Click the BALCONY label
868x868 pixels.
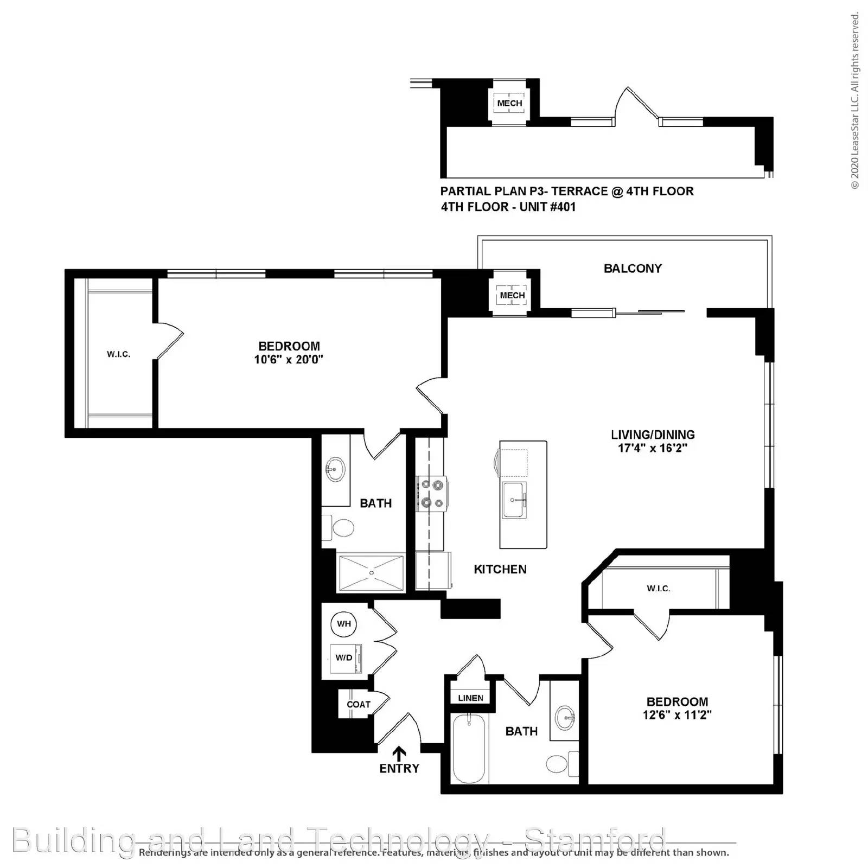coord(633,269)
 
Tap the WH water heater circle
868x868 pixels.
coord(344,624)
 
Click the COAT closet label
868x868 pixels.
coord(358,705)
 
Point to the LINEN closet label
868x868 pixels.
coord(470,698)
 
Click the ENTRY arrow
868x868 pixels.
coord(399,753)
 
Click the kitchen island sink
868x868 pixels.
coord(514,500)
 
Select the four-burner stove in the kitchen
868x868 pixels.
coord(432,494)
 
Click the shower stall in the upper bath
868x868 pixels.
coord(372,572)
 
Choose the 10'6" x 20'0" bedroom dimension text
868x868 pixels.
coord(289,360)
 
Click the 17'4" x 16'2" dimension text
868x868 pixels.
coord(652,449)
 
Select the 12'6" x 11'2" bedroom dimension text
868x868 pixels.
coord(676,716)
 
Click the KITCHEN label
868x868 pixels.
coord(500,570)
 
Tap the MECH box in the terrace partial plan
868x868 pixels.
coord(509,103)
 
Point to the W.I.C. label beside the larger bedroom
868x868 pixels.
coord(118,355)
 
